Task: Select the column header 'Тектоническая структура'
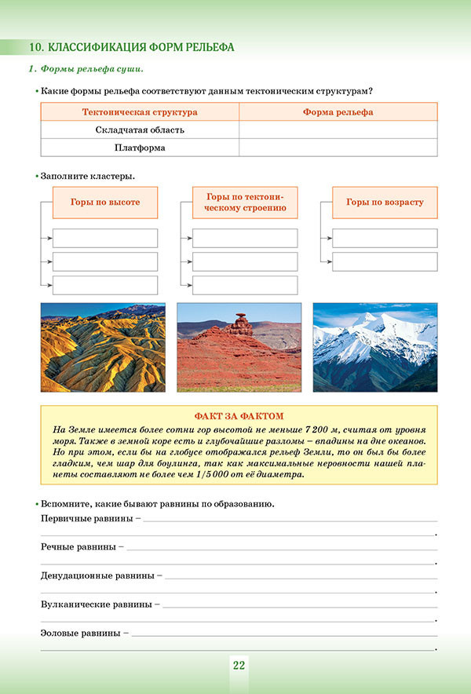pos(140,112)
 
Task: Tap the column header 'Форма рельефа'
pos(338,112)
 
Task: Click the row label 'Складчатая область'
pos(140,130)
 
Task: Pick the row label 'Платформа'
pos(140,148)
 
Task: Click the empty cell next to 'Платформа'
pos(338,148)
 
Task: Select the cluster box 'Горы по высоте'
pos(105,203)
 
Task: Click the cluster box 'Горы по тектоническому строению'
pos(245,203)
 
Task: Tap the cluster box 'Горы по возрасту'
pos(385,203)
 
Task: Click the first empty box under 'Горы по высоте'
pos(105,238)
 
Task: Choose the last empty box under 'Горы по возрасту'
pos(385,261)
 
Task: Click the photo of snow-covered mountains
pos(375,347)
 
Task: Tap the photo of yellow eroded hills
pos(103,347)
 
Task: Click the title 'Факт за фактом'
pos(239,415)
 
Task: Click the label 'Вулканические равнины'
pos(97,605)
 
